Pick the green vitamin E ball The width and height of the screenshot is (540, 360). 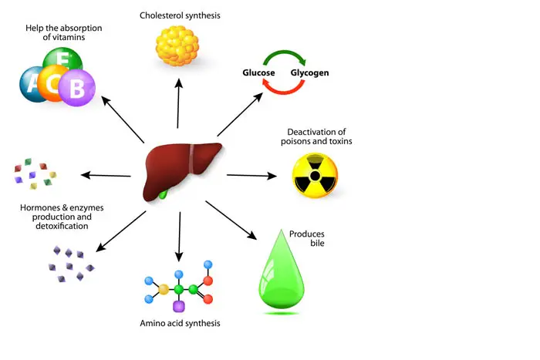(56, 61)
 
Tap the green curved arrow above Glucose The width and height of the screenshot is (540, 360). (285, 56)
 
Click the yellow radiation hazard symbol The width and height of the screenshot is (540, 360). (314, 175)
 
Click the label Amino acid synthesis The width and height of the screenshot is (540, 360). (181, 323)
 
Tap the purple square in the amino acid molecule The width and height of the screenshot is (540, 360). (179, 306)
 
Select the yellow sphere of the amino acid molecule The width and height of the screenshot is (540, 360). (164, 290)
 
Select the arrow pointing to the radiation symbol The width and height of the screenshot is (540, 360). (251, 176)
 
